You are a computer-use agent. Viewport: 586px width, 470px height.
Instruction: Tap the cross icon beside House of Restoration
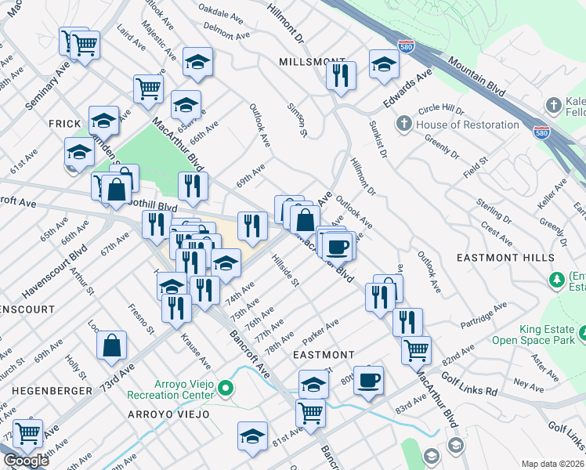click(404, 124)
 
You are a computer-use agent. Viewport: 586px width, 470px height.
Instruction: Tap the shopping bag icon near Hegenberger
click(112, 345)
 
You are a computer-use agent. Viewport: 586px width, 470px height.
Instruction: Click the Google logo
click(26, 461)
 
